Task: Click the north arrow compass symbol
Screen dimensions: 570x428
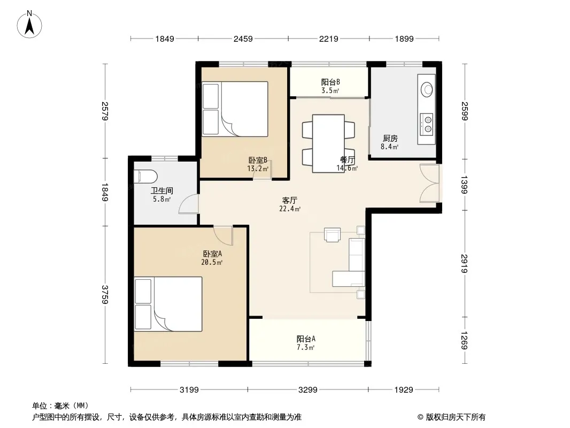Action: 29,25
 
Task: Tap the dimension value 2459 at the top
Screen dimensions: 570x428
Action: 243,39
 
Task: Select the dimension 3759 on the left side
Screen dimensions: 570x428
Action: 105,295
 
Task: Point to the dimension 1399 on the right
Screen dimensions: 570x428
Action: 464,185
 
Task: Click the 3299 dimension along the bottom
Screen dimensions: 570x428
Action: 308,390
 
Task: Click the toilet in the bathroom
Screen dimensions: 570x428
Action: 145,177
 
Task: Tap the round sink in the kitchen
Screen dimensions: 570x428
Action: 426,89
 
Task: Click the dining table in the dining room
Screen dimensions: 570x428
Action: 328,143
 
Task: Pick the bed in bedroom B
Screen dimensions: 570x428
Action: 235,109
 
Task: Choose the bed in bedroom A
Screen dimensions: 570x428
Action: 168,304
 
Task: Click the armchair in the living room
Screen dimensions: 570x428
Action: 332,234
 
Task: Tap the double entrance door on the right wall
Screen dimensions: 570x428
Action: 429,184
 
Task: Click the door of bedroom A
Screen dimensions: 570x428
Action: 223,235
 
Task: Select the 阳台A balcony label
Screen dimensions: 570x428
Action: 306,339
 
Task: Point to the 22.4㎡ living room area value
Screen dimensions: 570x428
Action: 290,209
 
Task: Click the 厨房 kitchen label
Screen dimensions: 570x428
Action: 390,138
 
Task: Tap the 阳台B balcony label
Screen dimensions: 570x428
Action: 330,82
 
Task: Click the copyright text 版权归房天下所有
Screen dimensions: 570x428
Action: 456,417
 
